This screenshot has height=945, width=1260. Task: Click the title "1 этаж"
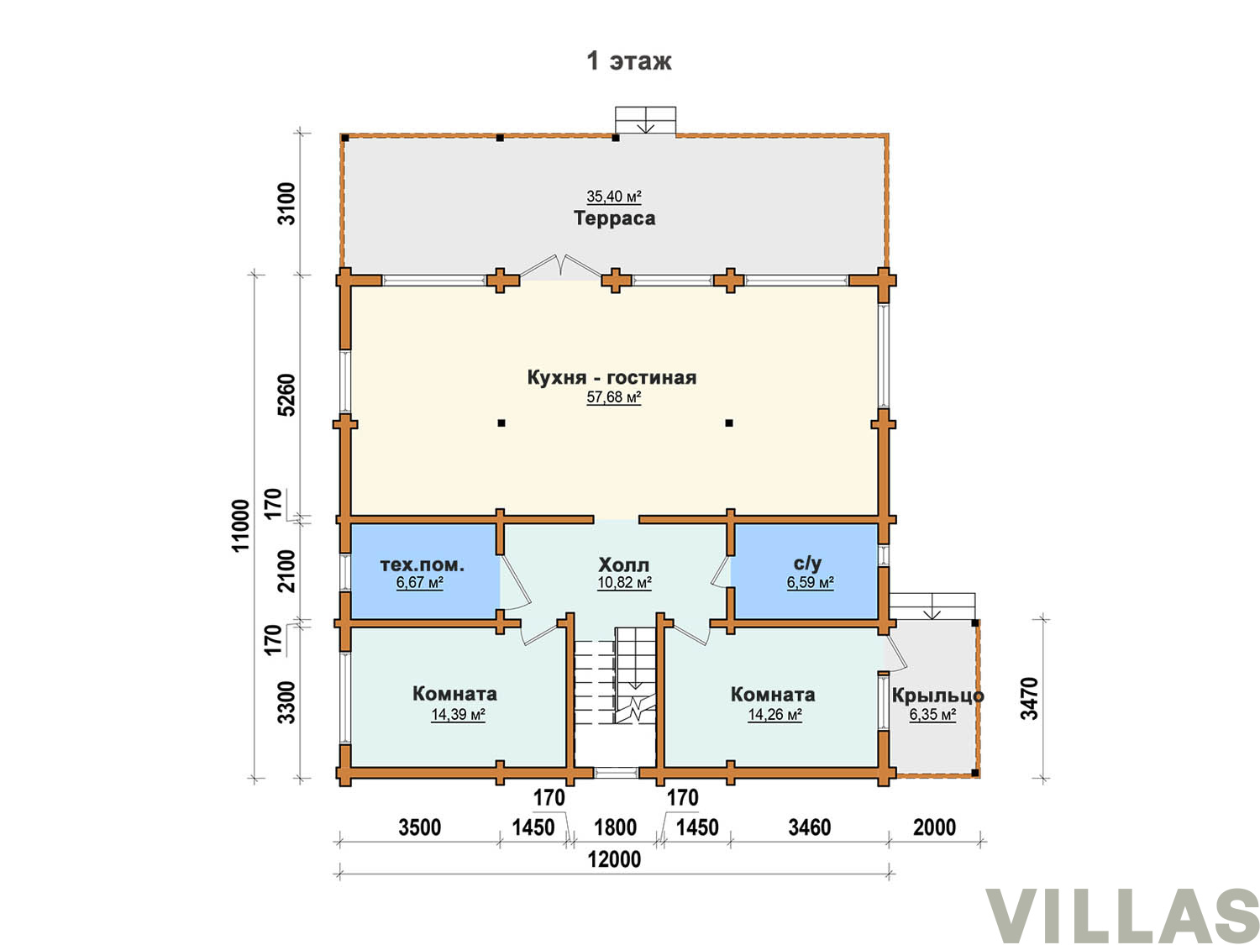(x=628, y=60)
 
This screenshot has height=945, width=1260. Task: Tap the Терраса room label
(x=614, y=218)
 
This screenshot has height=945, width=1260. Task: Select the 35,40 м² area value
(x=614, y=197)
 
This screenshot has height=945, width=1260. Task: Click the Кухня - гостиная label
(x=612, y=377)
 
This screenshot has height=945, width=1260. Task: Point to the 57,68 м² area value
(x=614, y=396)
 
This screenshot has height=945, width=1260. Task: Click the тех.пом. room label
(x=422, y=564)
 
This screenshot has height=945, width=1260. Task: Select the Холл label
(x=624, y=564)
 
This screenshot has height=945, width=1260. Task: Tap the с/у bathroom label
(x=807, y=564)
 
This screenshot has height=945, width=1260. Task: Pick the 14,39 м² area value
(x=458, y=714)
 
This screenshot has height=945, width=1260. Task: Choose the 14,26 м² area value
(x=774, y=714)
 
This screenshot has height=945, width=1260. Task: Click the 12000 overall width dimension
(x=614, y=859)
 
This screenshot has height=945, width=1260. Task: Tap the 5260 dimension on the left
(x=286, y=395)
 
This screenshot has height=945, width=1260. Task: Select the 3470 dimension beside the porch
(x=1030, y=698)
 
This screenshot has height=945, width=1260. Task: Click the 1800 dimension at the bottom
(x=615, y=827)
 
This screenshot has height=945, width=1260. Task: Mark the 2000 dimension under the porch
(x=935, y=827)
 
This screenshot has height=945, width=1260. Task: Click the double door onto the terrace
(x=561, y=268)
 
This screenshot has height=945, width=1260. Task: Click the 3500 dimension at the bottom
(x=420, y=827)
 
